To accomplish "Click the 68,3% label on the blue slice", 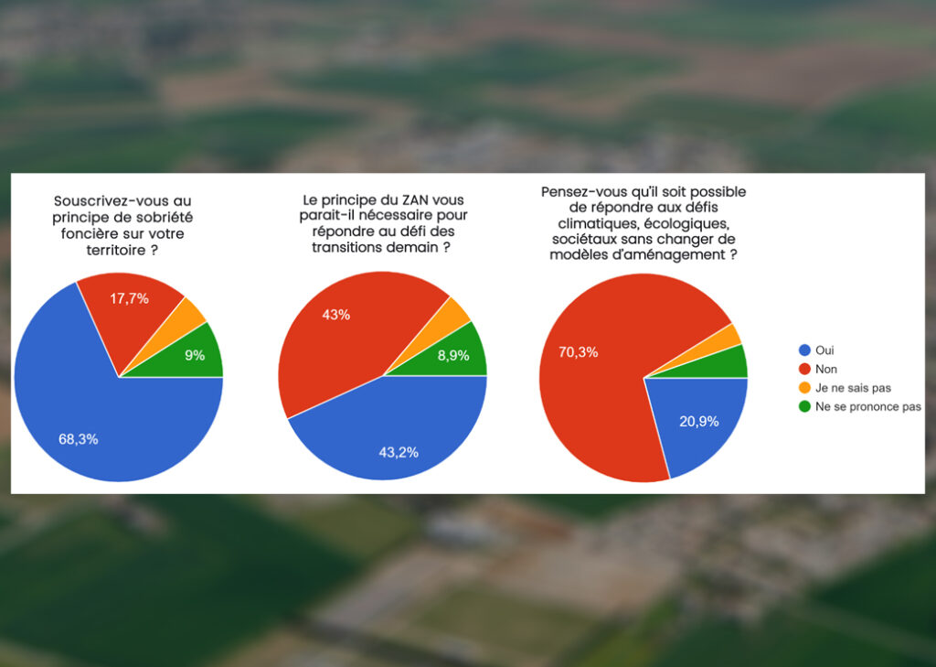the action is pyautogui.click(x=79, y=439).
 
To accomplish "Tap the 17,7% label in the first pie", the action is pyautogui.click(x=129, y=298).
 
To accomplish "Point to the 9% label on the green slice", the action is pyautogui.click(x=195, y=355).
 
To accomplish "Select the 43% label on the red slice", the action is pyautogui.click(x=336, y=315).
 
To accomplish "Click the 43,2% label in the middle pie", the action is pyautogui.click(x=399, y=452).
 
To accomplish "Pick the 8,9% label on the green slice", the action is pyautogui.click(x=453, y=356).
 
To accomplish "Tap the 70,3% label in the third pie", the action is pyautogui.click(x=579, y=352).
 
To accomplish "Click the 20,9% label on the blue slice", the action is pyautogui.click(x=699, y=422).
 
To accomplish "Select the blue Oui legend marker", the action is pyautogui.click(x=804, y=350).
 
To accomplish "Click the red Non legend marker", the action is pyautogui.click(x=804, y=369).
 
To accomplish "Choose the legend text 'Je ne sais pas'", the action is pyautogui.click(x=853, y=388).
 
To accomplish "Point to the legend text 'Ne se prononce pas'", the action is pyautogui.click(x=868, y=407).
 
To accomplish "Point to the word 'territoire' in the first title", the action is pyautogui.click(x=116, y=250).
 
